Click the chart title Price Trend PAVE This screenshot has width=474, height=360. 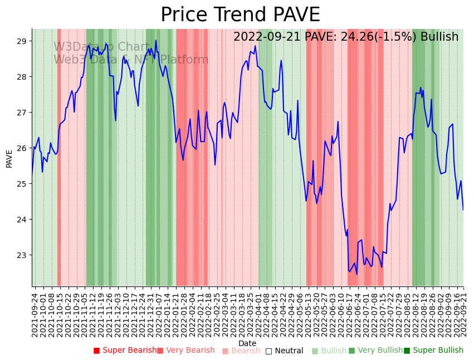click(240, 15)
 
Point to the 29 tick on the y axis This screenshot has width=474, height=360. click(22, 41)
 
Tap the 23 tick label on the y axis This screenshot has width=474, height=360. click(22, 255)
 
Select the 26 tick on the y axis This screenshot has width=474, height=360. click(22, 148)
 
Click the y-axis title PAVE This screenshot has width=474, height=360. click(9, 158)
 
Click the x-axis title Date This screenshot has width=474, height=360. click(247, 343)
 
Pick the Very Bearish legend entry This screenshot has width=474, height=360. click(185, 351)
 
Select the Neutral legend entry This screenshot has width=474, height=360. click(284, 351)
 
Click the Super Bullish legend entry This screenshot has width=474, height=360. click(433, 351)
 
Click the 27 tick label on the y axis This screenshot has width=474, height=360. click(22, 113)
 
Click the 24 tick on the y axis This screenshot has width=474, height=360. click(22, 220)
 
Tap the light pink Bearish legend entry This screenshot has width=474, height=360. click(241, 351)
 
